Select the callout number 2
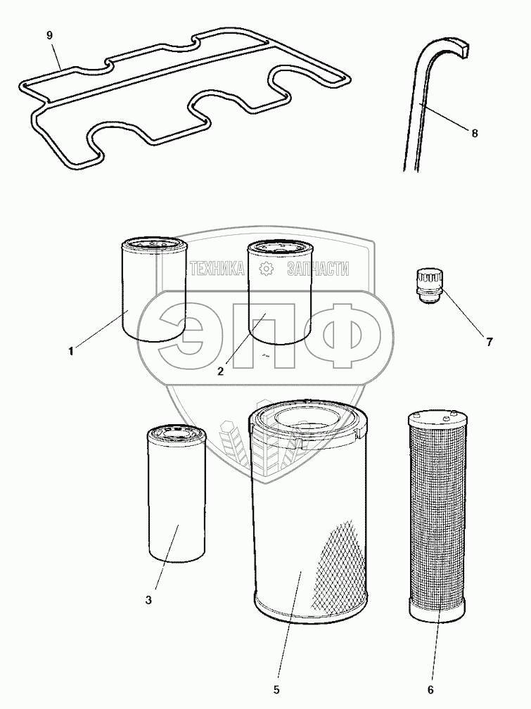(x=220, y=371)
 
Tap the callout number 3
(x=148, y=600)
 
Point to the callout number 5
(x=276, y=689)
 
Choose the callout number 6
(x=430, y=689)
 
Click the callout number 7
(x=489, y=343)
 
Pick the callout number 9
(x=50, y=36)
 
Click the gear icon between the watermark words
(x=266, y=268)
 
